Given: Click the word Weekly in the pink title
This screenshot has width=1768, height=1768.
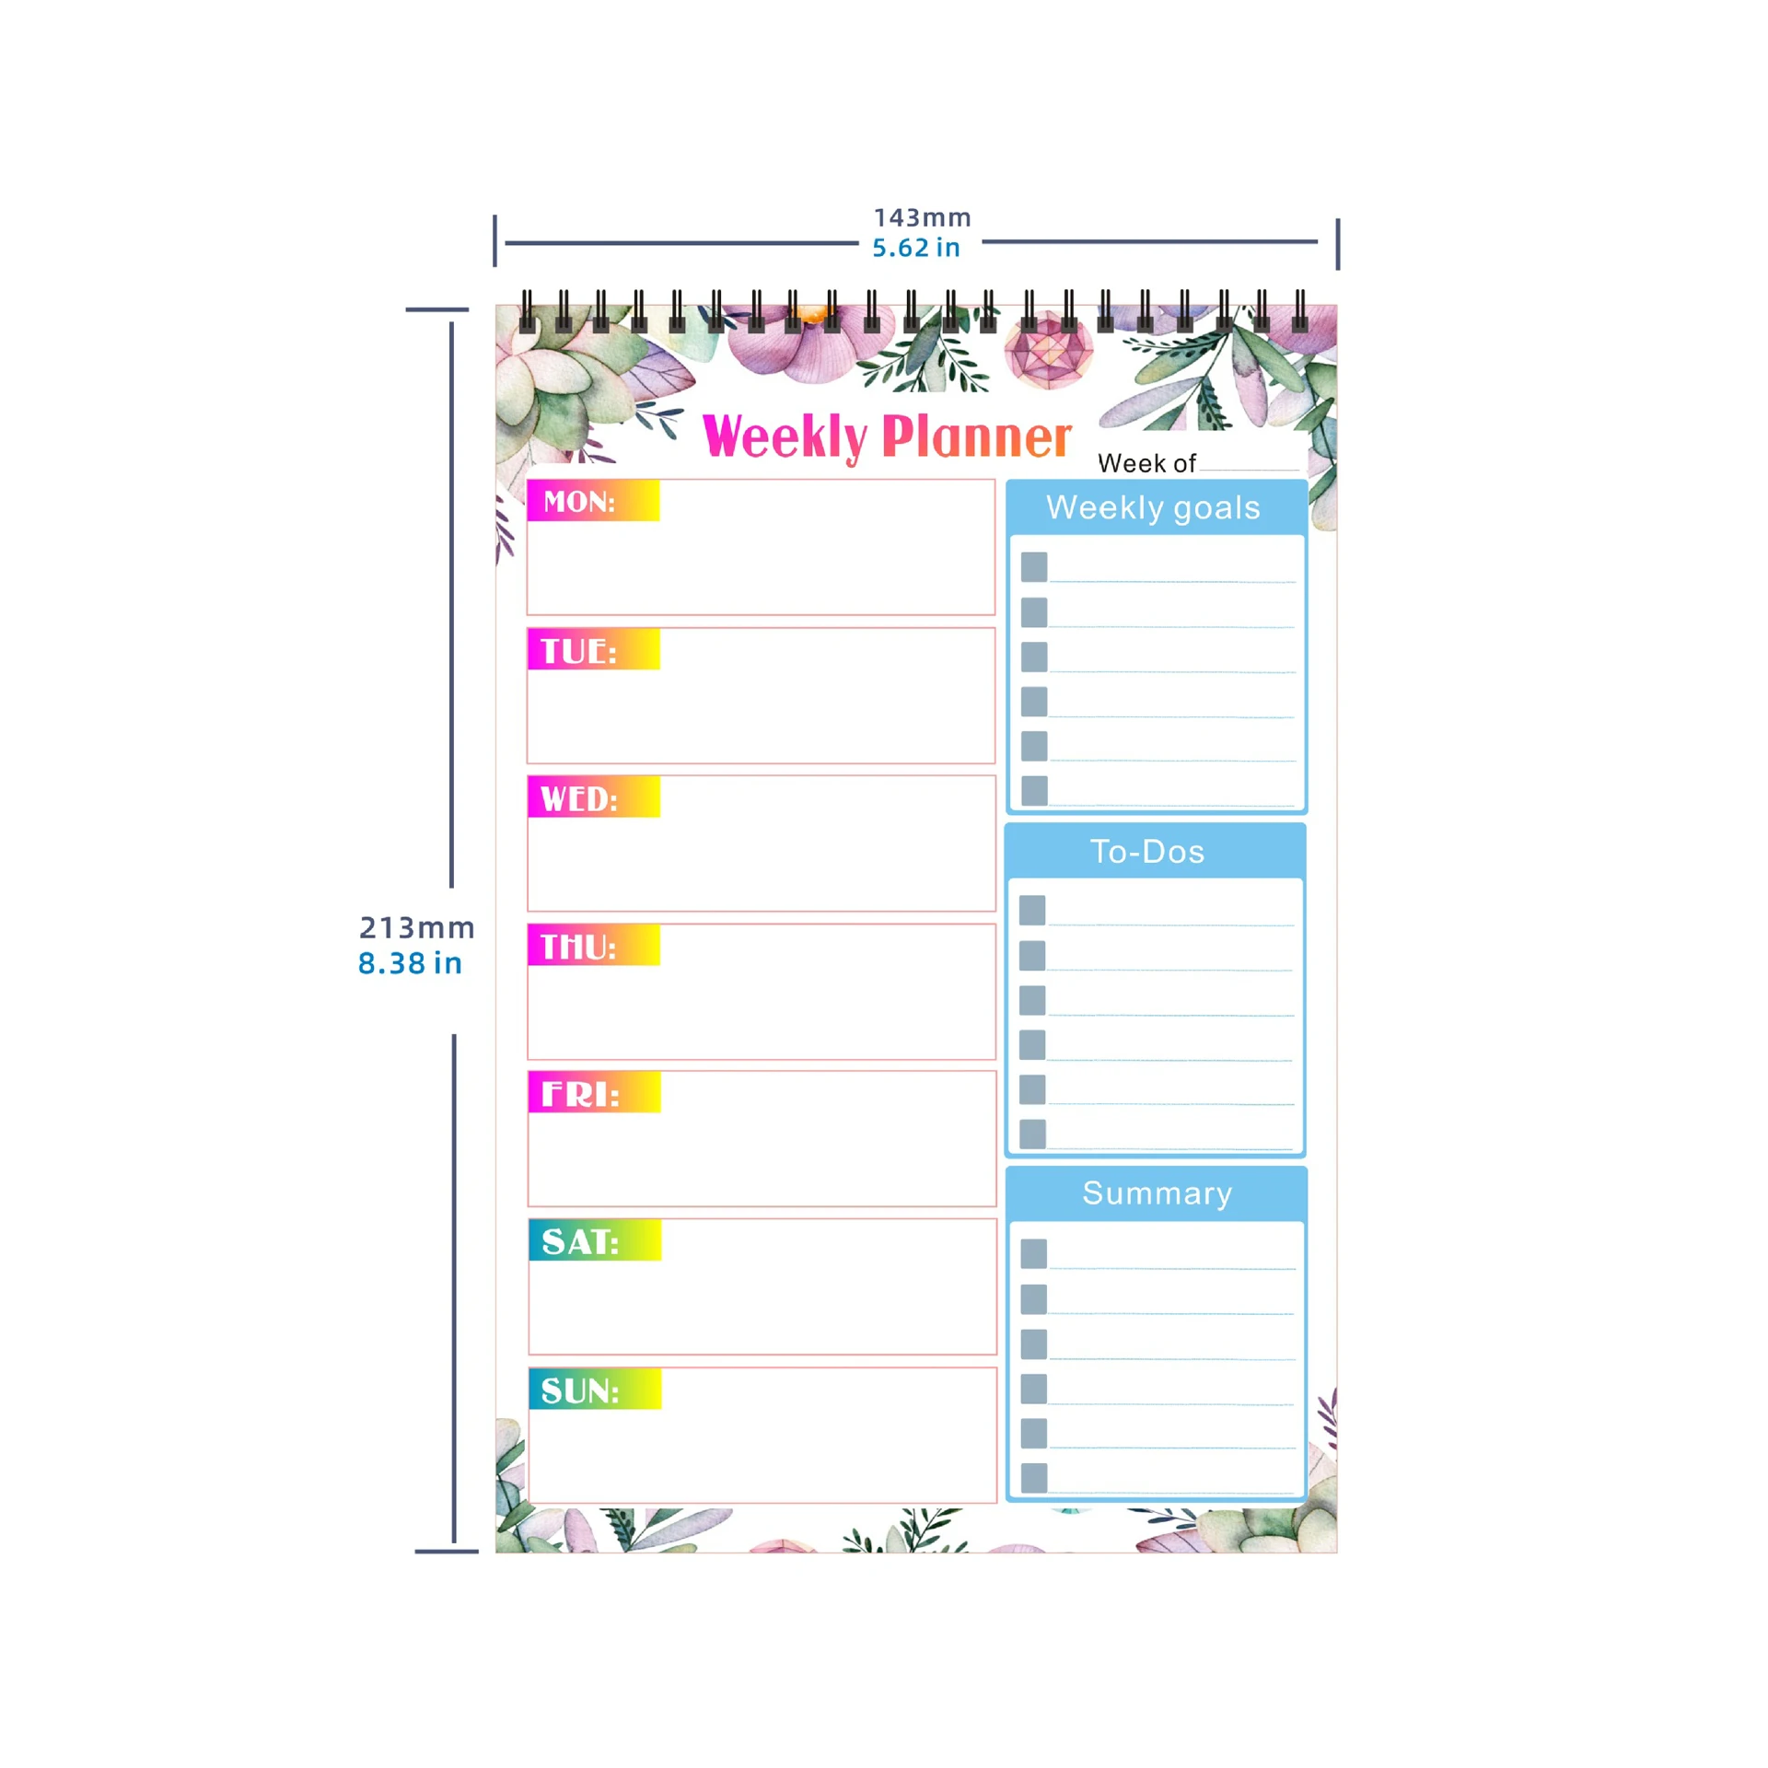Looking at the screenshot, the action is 785,436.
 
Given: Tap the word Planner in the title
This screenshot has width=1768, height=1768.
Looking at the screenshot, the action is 977,436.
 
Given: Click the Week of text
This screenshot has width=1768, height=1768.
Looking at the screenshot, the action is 1146,463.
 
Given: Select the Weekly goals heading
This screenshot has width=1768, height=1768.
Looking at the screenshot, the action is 1153,507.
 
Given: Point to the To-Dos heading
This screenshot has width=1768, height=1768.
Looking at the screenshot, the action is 1147,851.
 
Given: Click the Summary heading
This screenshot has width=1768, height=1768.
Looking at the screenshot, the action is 1157,1192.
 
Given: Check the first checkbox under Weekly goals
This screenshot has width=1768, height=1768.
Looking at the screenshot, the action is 1034,566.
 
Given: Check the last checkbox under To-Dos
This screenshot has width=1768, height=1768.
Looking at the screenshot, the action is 1032,1134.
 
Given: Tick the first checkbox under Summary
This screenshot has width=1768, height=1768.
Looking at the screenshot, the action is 1034,1253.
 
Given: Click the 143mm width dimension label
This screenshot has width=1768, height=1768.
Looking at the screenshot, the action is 922,217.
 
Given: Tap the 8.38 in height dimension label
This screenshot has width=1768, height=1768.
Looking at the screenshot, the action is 410,963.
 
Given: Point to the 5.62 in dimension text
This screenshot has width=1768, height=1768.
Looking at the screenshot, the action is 916,248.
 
